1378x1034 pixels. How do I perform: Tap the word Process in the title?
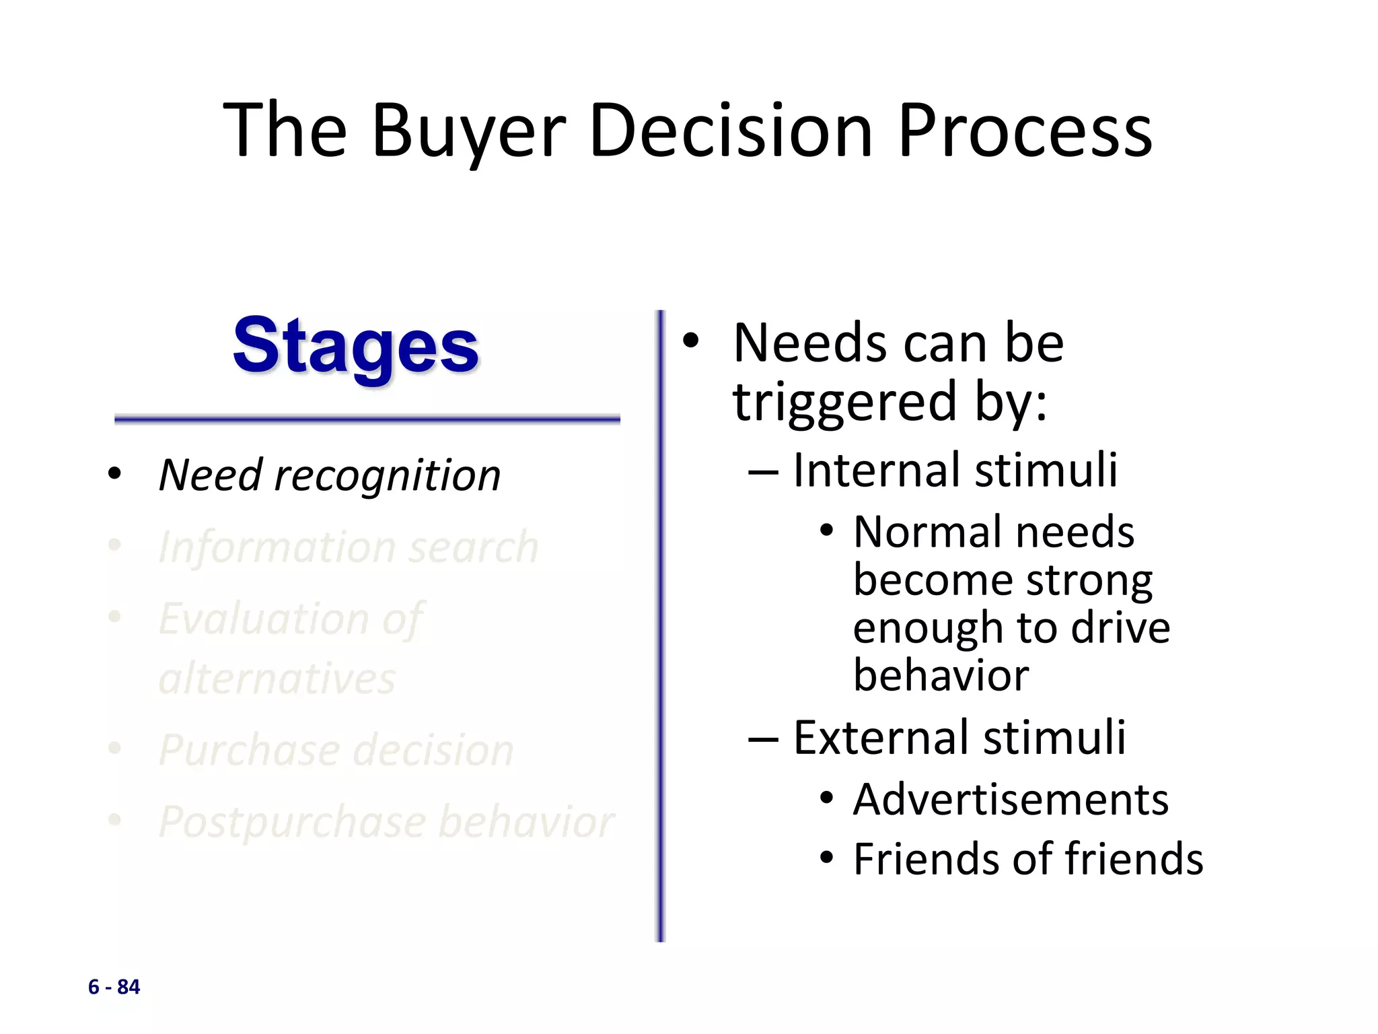(x=1025, y=131)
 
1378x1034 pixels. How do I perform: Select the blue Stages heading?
(x=355, y=347)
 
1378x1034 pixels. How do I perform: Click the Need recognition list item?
(x=330, y=475)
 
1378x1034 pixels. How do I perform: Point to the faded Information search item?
(x=348, y=547)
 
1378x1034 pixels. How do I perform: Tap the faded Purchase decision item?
(x=336, y=750)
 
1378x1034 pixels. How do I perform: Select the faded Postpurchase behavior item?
(x=386, y=822)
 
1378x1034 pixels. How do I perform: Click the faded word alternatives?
(x=277, y=679)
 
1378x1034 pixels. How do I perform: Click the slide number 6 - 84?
(x=114, y=987)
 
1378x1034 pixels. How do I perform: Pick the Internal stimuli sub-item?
(x=955, y=470)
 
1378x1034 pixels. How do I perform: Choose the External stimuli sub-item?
(x=959, y=738)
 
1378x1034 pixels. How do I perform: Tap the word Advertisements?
(x=1011, y=800)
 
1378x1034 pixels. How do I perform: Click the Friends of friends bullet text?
(x=1027, y=860)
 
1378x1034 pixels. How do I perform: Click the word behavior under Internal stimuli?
(x=941, y=675)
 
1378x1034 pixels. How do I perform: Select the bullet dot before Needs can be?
(x=690, y=341)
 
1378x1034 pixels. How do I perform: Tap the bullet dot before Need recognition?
(x=114, y=473)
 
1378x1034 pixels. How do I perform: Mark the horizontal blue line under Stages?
(x=367, y=419)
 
